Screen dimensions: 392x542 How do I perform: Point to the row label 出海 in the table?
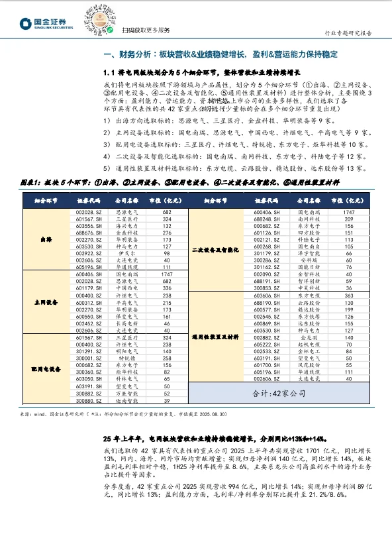click(44, 239)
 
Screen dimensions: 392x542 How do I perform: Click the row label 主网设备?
click(44, 301)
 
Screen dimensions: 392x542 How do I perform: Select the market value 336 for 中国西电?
click(167, 288)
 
